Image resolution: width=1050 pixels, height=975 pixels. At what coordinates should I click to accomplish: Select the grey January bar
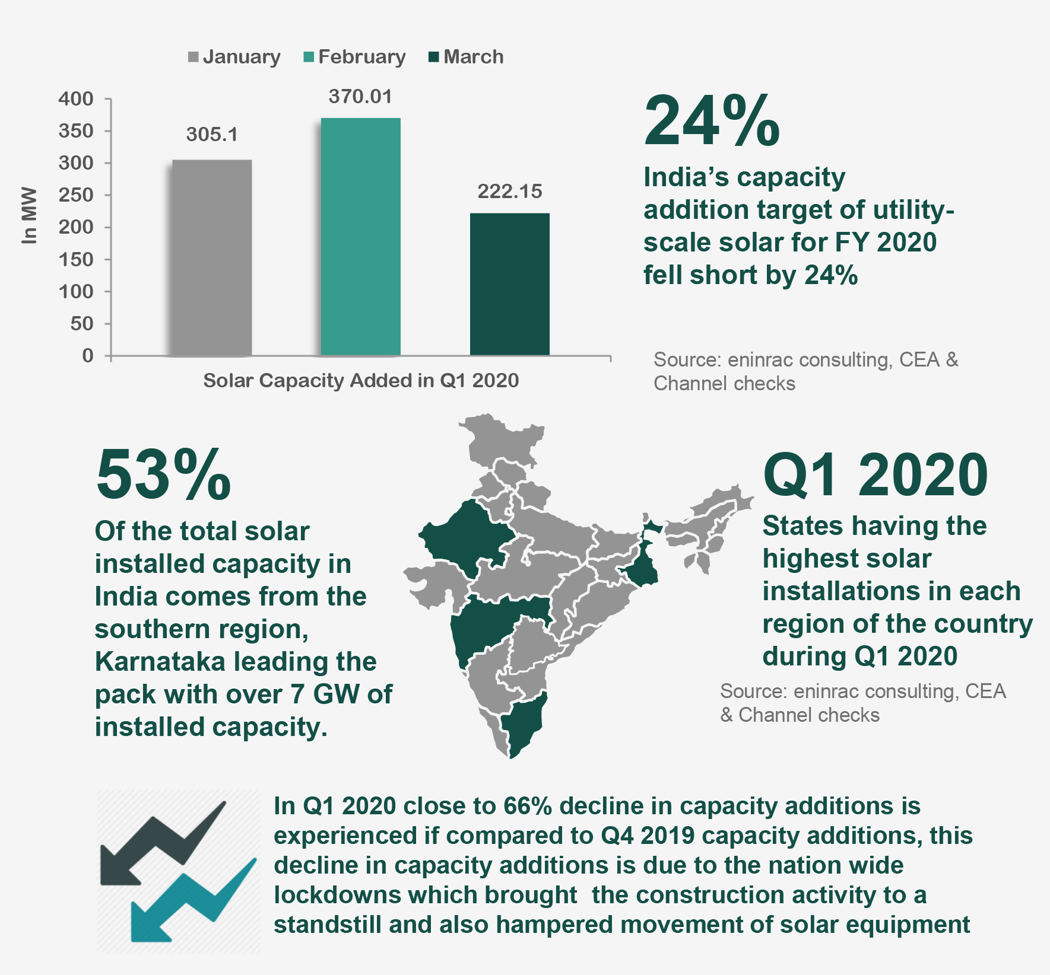(212, 258)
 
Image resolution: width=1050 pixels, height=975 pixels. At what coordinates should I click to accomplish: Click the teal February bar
(360, 237)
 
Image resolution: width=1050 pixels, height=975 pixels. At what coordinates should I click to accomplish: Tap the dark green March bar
(509, 285)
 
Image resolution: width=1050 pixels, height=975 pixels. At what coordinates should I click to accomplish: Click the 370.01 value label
(360, 97)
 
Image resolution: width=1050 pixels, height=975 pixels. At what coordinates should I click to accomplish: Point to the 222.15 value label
(510, 192)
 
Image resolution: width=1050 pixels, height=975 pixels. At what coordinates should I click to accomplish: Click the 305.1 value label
(212, 135)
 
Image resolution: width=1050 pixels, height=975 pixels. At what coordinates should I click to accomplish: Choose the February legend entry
(355, 57)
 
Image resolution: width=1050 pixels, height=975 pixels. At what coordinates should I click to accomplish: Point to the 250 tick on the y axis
(76, 195)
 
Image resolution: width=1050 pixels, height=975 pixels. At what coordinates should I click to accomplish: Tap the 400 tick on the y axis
(76, 98)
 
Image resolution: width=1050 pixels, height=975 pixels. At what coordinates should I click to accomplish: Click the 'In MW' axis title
(29, 215)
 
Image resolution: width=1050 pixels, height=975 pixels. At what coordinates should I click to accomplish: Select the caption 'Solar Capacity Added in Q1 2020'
(361, 380)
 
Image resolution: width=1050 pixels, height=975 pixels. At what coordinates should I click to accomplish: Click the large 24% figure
(712, 122)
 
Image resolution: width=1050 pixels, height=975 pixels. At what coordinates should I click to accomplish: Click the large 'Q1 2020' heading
(875, 476)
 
